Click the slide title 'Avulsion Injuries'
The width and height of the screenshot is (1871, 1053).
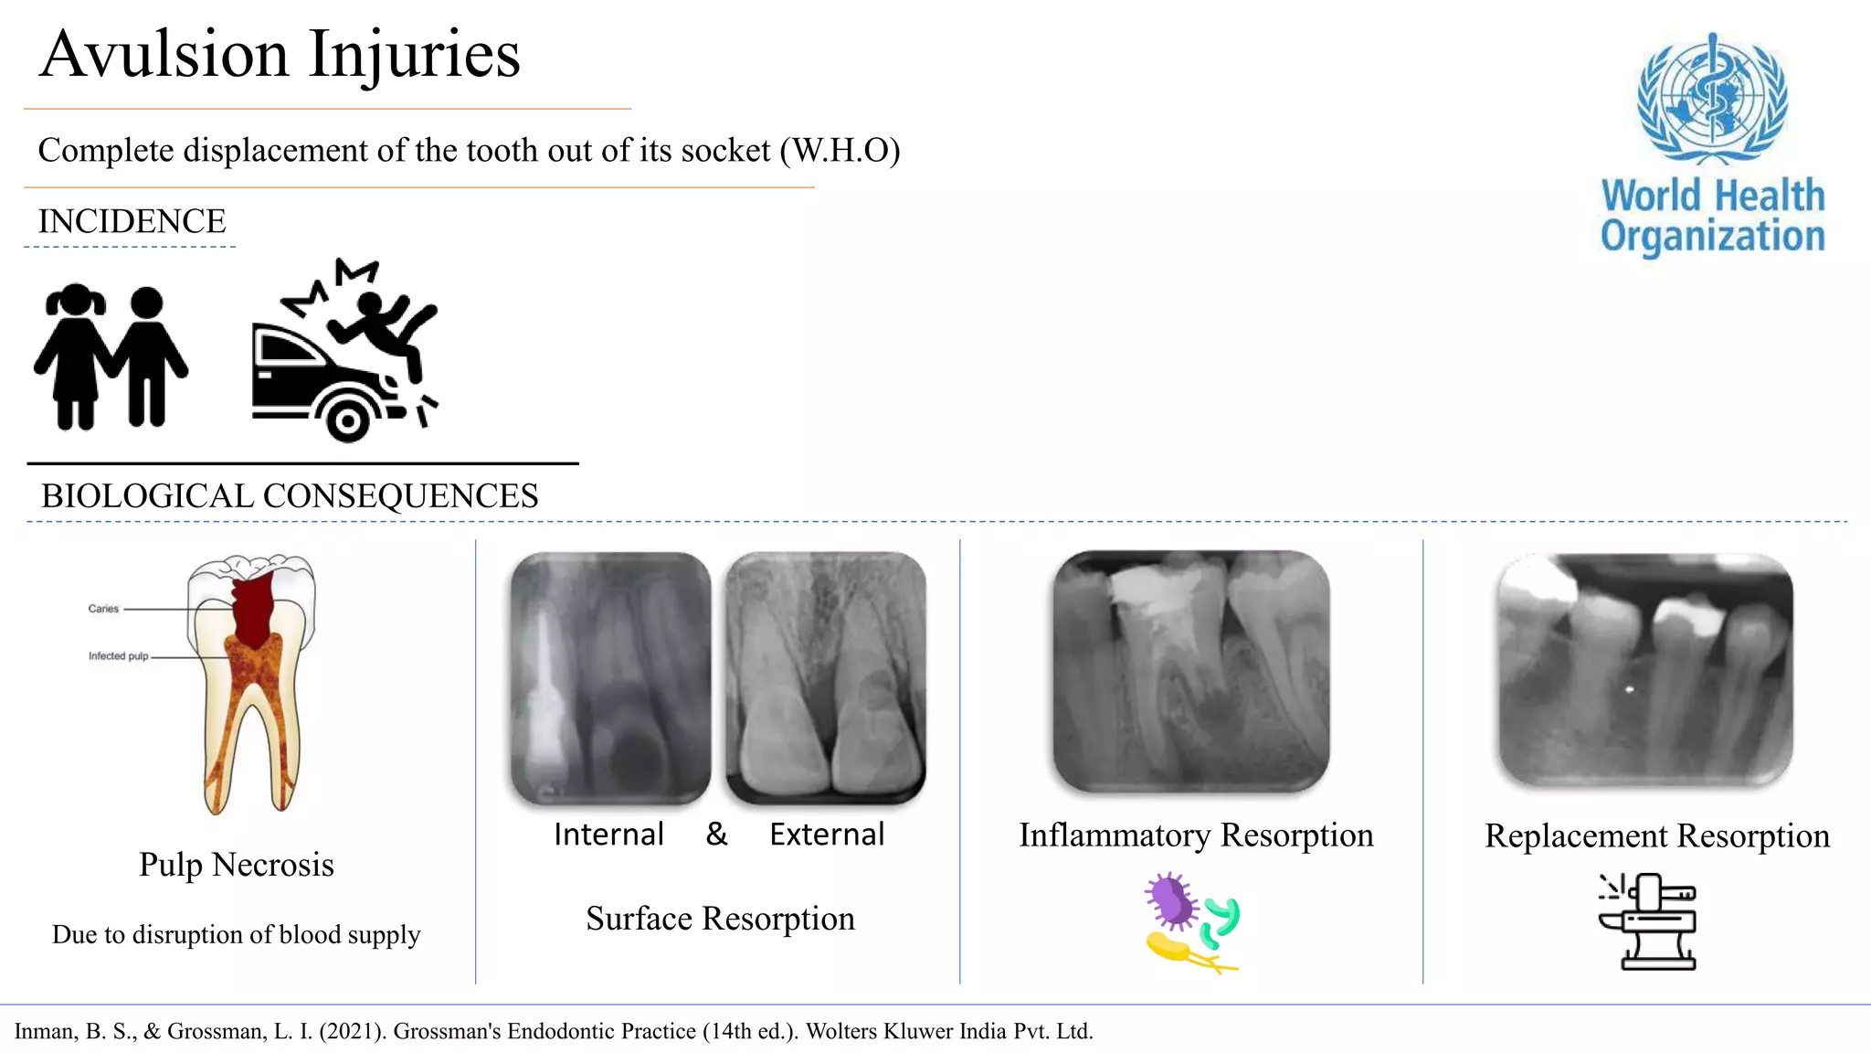(280, 55)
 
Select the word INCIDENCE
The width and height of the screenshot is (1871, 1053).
(132, 221)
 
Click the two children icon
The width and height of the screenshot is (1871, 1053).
(111, 356)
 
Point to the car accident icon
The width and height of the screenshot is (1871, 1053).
(345, 352)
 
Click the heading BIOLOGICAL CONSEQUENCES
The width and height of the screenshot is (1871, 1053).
(290, 496)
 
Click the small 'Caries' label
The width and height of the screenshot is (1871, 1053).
(103, 609)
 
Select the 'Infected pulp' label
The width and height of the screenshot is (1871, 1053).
(118, 656)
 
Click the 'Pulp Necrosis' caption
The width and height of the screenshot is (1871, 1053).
(237, 865)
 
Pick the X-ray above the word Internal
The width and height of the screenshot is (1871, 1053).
(610, 677)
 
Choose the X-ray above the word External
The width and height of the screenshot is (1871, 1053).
(826, 677)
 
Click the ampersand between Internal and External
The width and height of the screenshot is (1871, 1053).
(717, 834)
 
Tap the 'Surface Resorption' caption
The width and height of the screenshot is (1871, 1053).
(720, 919)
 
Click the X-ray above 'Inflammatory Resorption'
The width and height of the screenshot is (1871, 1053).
(1191, 671)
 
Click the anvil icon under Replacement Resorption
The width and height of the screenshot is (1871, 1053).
(1648, 921)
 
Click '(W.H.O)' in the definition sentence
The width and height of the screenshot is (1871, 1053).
(840, 151)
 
